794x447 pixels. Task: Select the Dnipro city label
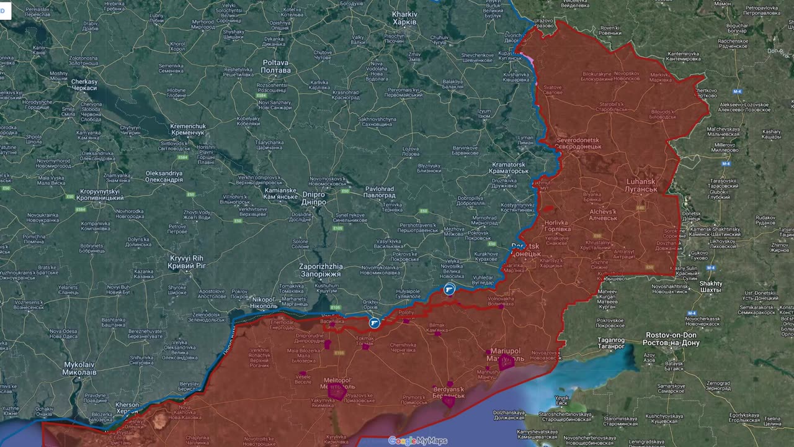(x=313, y=198)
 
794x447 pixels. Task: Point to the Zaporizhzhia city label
(x=320, y=270)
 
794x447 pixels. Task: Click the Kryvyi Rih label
(x=187, y=261)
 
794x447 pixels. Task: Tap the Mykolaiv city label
(x=79, y=368)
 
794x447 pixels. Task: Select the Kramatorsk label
(x=508, y=168)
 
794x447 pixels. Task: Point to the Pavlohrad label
(x=380, y=192)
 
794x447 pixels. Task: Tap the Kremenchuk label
(x=187, y=130)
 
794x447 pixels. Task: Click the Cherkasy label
(x=84, y=85)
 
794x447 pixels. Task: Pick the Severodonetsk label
(x=579, y=143)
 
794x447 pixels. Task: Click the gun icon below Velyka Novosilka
(x=449, y=289)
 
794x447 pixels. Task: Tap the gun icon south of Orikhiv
(x=374, y=322)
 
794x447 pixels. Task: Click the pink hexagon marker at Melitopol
(x=337, y=392)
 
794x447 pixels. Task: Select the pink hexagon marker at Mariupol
(x=506, y=363)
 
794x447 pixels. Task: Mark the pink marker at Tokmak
(x=365, y=346)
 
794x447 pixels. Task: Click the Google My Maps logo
(x=417, y=441)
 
